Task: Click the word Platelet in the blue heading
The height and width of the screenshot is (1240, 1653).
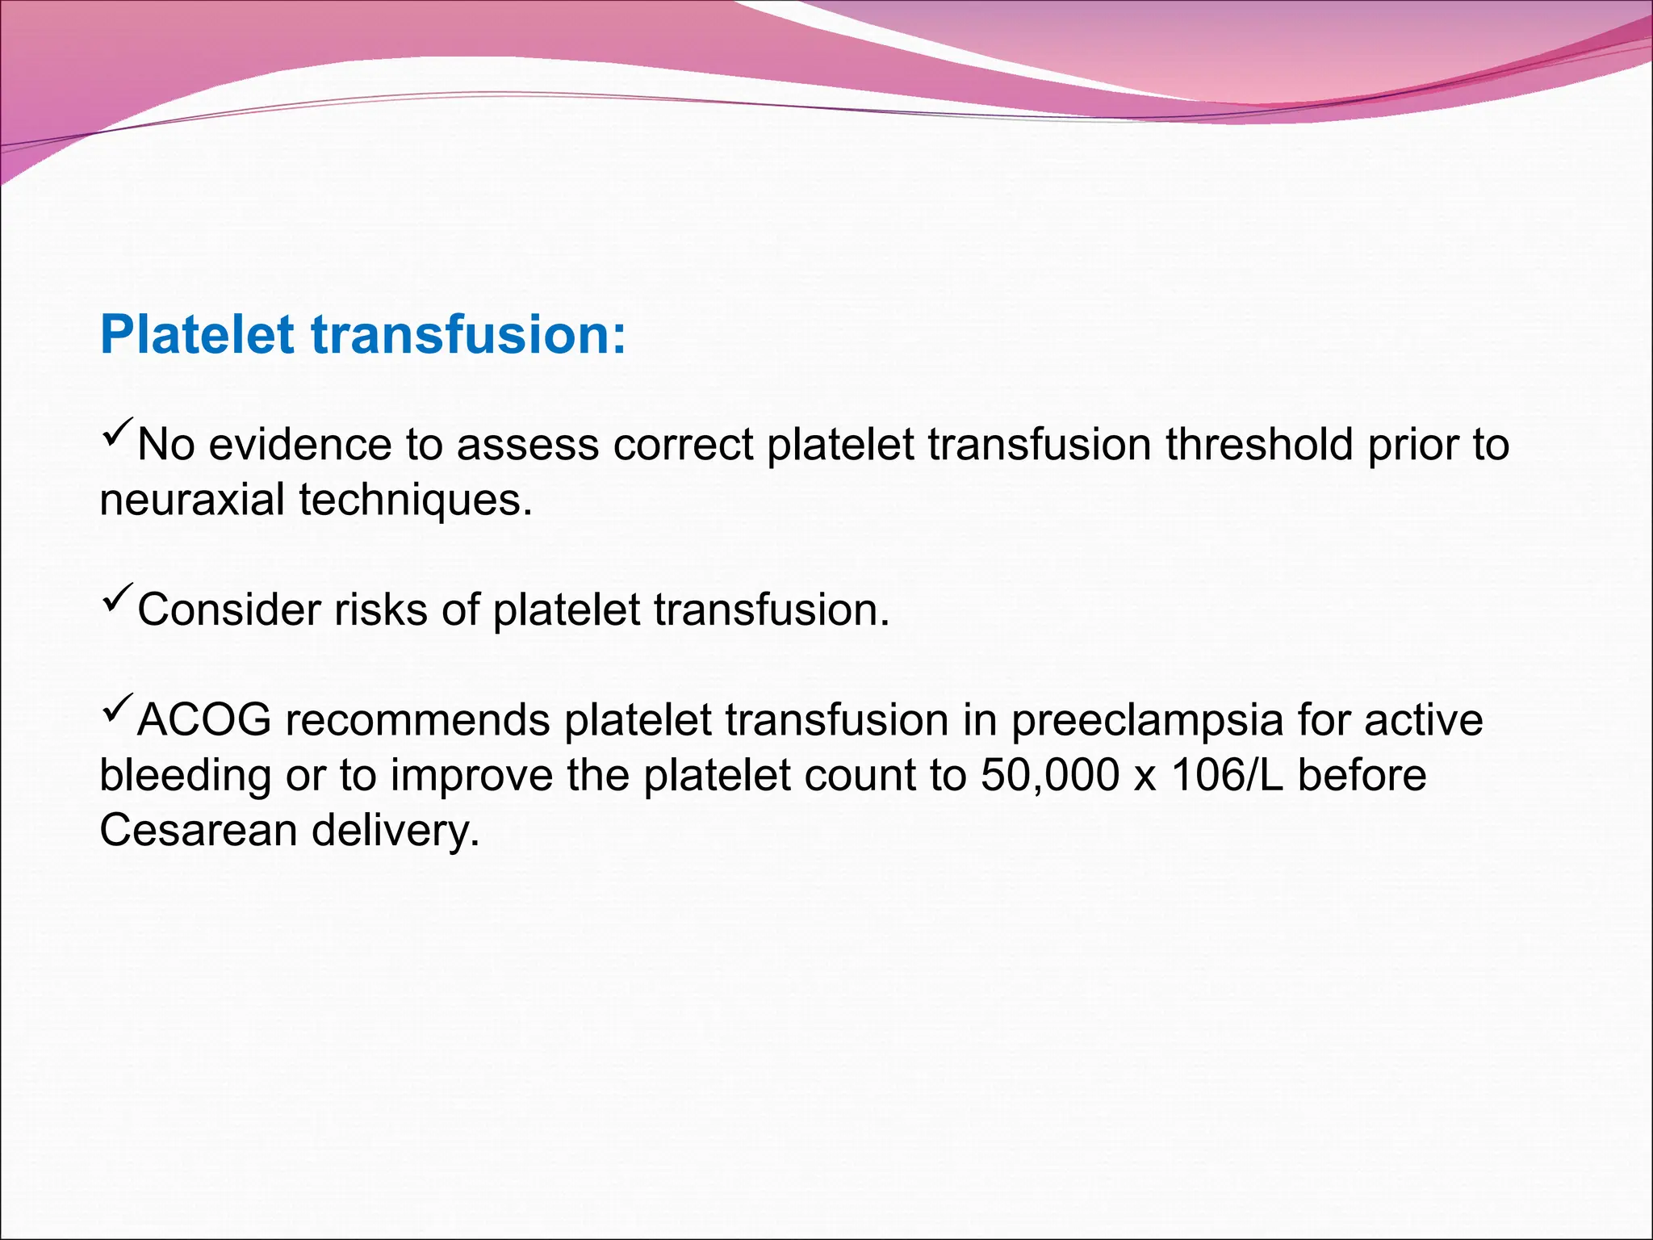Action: pos(197,334)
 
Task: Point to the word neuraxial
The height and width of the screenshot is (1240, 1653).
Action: pos(192,500)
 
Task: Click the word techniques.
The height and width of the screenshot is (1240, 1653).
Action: pos(416,500)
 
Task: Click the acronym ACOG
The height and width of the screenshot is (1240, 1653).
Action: pos(204,720)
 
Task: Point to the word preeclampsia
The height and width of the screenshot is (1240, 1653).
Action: pos(1147,720)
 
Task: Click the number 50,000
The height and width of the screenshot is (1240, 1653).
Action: pos(1050,775)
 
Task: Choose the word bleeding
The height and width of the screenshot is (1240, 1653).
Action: pos(186,775)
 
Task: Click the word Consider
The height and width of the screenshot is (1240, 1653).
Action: pos(229,610)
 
